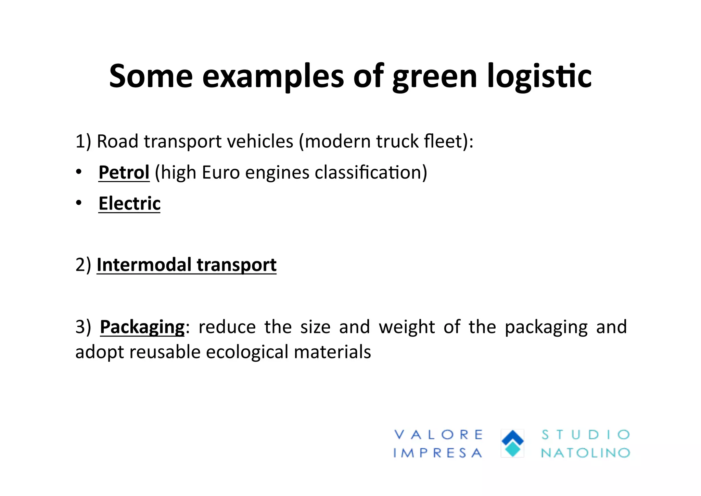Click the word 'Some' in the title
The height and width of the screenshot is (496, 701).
[151, 76]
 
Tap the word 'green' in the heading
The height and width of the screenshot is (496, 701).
[435, 77]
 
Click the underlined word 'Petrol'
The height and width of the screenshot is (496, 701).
[124, 172]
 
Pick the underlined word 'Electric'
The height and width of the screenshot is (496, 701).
[129, 203]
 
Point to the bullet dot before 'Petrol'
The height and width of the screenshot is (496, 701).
[79, 172]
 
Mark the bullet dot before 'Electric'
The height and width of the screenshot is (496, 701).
[79, 203]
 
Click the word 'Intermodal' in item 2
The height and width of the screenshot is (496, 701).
[144, 265]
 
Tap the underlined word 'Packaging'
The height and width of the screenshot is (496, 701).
[142, 327]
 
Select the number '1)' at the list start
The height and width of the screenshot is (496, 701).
[83, 141]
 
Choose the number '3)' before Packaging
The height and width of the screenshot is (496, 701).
[83, 327]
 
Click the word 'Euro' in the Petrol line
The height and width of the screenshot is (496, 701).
[221, 172]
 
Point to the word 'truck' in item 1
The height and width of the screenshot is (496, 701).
[397, 141]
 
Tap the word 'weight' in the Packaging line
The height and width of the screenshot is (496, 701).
[407, 327]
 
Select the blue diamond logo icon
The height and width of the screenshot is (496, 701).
[512, 443]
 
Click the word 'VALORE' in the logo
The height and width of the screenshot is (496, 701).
[438, 435]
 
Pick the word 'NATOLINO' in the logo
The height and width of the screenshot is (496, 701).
[585, 453]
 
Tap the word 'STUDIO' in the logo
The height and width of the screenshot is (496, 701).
[585, 435]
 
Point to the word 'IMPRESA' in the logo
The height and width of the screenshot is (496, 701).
[438, 453]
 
